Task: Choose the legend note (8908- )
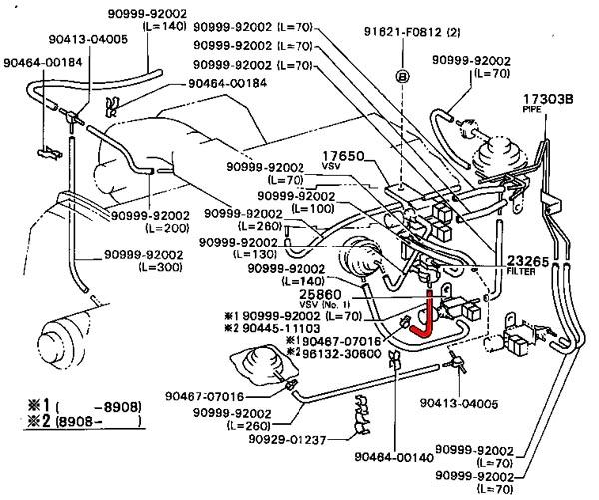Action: (x=96, y=422)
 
